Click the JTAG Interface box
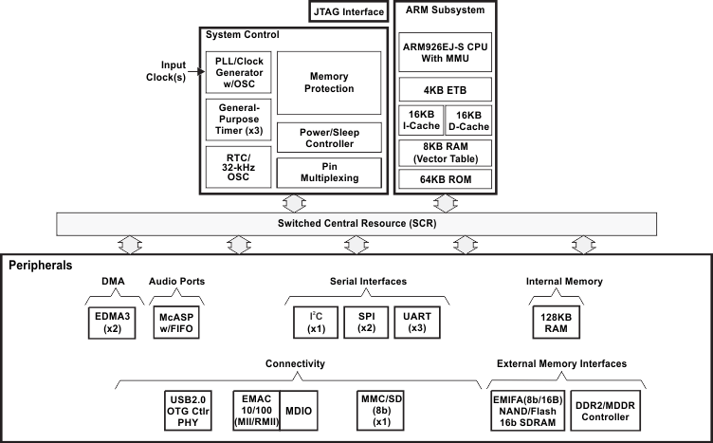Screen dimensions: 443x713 click(347, 12)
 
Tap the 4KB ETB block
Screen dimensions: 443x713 click(445, 91)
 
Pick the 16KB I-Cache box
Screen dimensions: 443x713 click(419, 121)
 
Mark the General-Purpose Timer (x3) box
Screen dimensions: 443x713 click(239, 120)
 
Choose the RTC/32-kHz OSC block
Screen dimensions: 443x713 click(239, 166)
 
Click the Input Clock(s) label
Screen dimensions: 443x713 click(172, 72)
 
